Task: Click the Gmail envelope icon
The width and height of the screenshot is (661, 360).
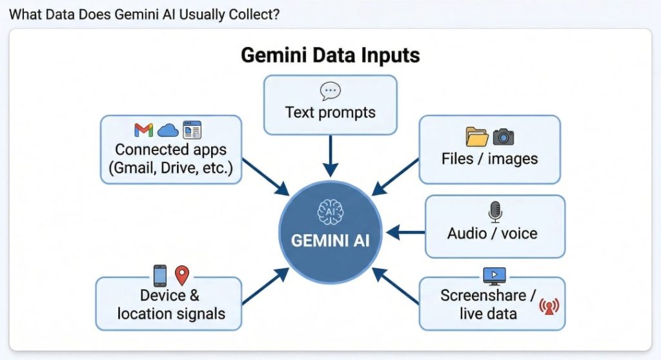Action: click(143, 130)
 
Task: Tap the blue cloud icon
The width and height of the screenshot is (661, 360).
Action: click(168, 130)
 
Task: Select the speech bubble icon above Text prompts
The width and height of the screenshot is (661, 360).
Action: click(330, 91)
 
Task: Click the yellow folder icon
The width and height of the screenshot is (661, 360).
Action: click(477, 136)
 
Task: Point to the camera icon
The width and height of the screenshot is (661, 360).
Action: click(503, 136)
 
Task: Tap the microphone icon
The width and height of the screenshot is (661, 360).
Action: click(495, 211)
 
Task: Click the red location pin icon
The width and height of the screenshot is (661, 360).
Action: click(182, 275)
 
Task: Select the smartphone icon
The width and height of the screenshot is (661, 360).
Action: click(160, 275)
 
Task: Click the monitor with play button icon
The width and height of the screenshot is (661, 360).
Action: click(494, 275)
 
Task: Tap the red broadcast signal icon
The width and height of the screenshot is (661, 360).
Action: click(548, 306)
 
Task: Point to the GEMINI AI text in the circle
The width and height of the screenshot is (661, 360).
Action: click(330, 240)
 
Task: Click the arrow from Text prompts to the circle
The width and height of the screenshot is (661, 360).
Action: click(330, 155)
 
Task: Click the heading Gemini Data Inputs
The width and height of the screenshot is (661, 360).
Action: click(330, 55)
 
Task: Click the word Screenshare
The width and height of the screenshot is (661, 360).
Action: click(483, 295)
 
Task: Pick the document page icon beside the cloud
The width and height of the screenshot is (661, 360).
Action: click(192, 130)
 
